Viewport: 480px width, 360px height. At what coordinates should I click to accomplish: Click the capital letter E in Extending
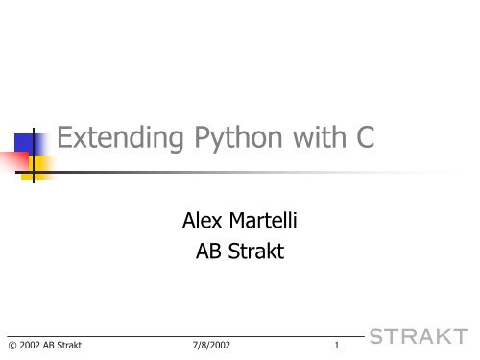point(65,142)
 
